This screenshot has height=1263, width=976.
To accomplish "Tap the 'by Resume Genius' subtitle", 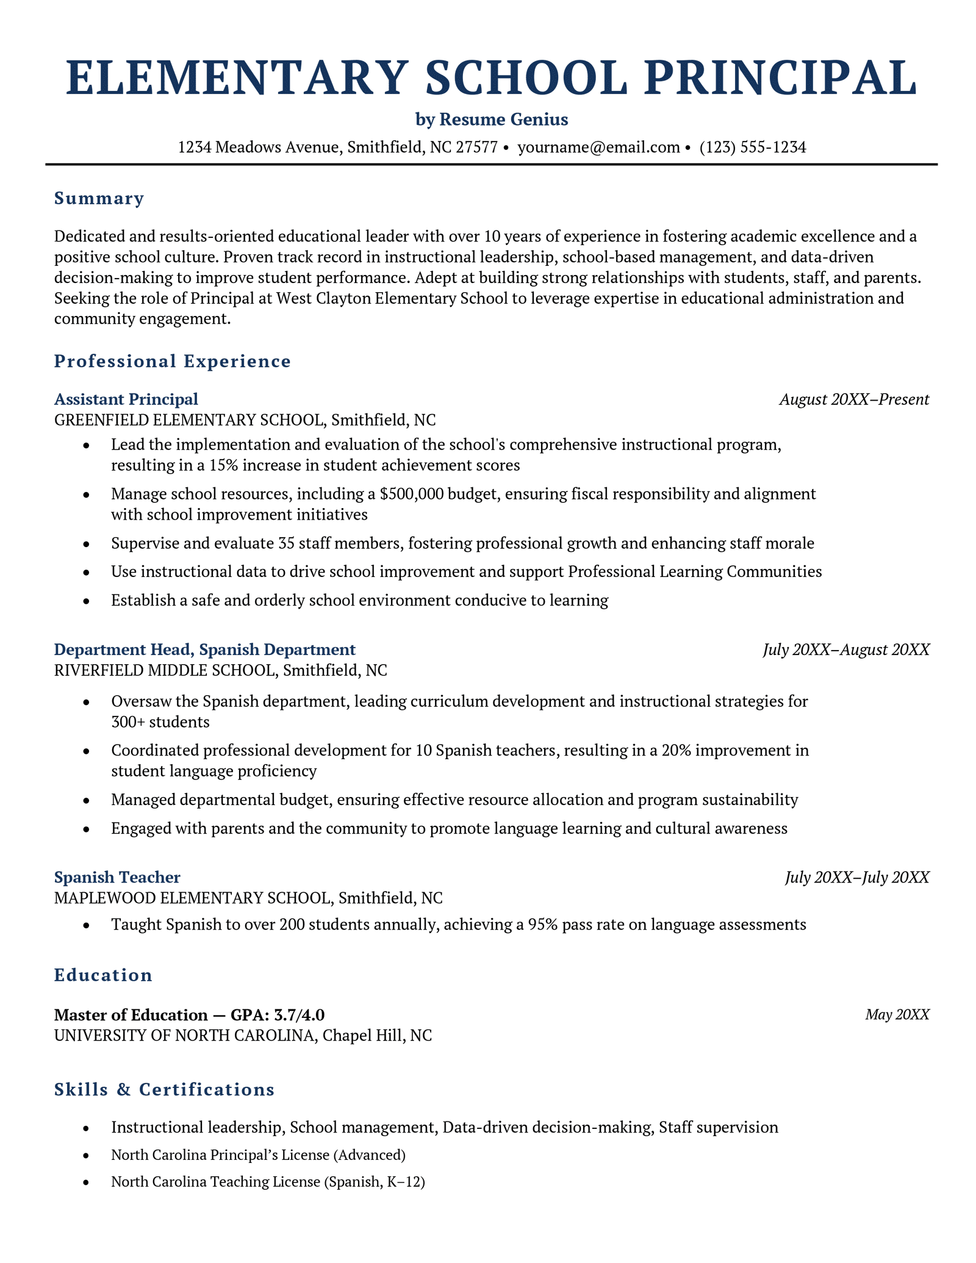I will (x=492, y=120).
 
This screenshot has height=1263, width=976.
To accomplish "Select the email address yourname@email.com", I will (x=598, y=147).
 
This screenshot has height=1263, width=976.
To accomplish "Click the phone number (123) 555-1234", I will (x=753, y=147).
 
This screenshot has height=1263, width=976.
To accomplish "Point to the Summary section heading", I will (x=99, y=199).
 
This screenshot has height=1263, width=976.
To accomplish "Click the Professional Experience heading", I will (x=173, y=362).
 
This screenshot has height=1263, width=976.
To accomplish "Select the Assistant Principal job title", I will (x=126, y=399).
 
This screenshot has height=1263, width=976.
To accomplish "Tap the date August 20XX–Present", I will (x=854, y=400).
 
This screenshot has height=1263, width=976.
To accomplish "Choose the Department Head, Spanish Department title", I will (x=204, y=649).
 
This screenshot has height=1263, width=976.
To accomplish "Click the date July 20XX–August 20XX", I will (x=846, y=650).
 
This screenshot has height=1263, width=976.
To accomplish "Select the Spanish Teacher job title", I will (x=117, y=878).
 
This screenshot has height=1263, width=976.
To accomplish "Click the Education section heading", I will (x=103, y=975).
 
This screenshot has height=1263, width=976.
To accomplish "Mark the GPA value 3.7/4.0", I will (x=301, y=1015).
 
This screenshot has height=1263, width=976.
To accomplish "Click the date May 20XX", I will (x=897, y=1015).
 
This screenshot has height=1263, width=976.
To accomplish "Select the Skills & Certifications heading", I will (x=164, y=1090).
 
